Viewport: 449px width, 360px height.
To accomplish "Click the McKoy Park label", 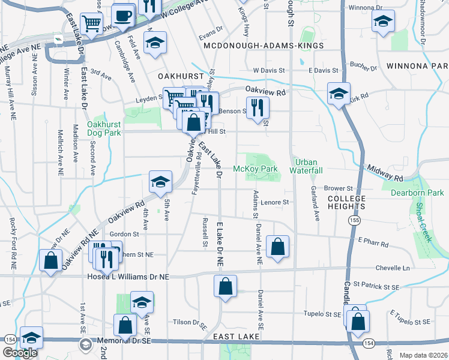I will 255,169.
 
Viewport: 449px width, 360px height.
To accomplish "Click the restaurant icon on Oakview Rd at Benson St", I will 258,107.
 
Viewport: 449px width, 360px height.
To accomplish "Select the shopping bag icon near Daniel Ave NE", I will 277,246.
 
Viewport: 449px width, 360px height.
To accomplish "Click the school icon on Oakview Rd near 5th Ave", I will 160,182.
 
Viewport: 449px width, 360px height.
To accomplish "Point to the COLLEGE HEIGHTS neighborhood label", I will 346,202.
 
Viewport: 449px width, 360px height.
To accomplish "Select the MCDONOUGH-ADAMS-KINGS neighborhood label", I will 264,46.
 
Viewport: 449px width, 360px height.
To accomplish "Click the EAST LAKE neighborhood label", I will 237,337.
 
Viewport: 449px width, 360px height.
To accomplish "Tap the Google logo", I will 20,353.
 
